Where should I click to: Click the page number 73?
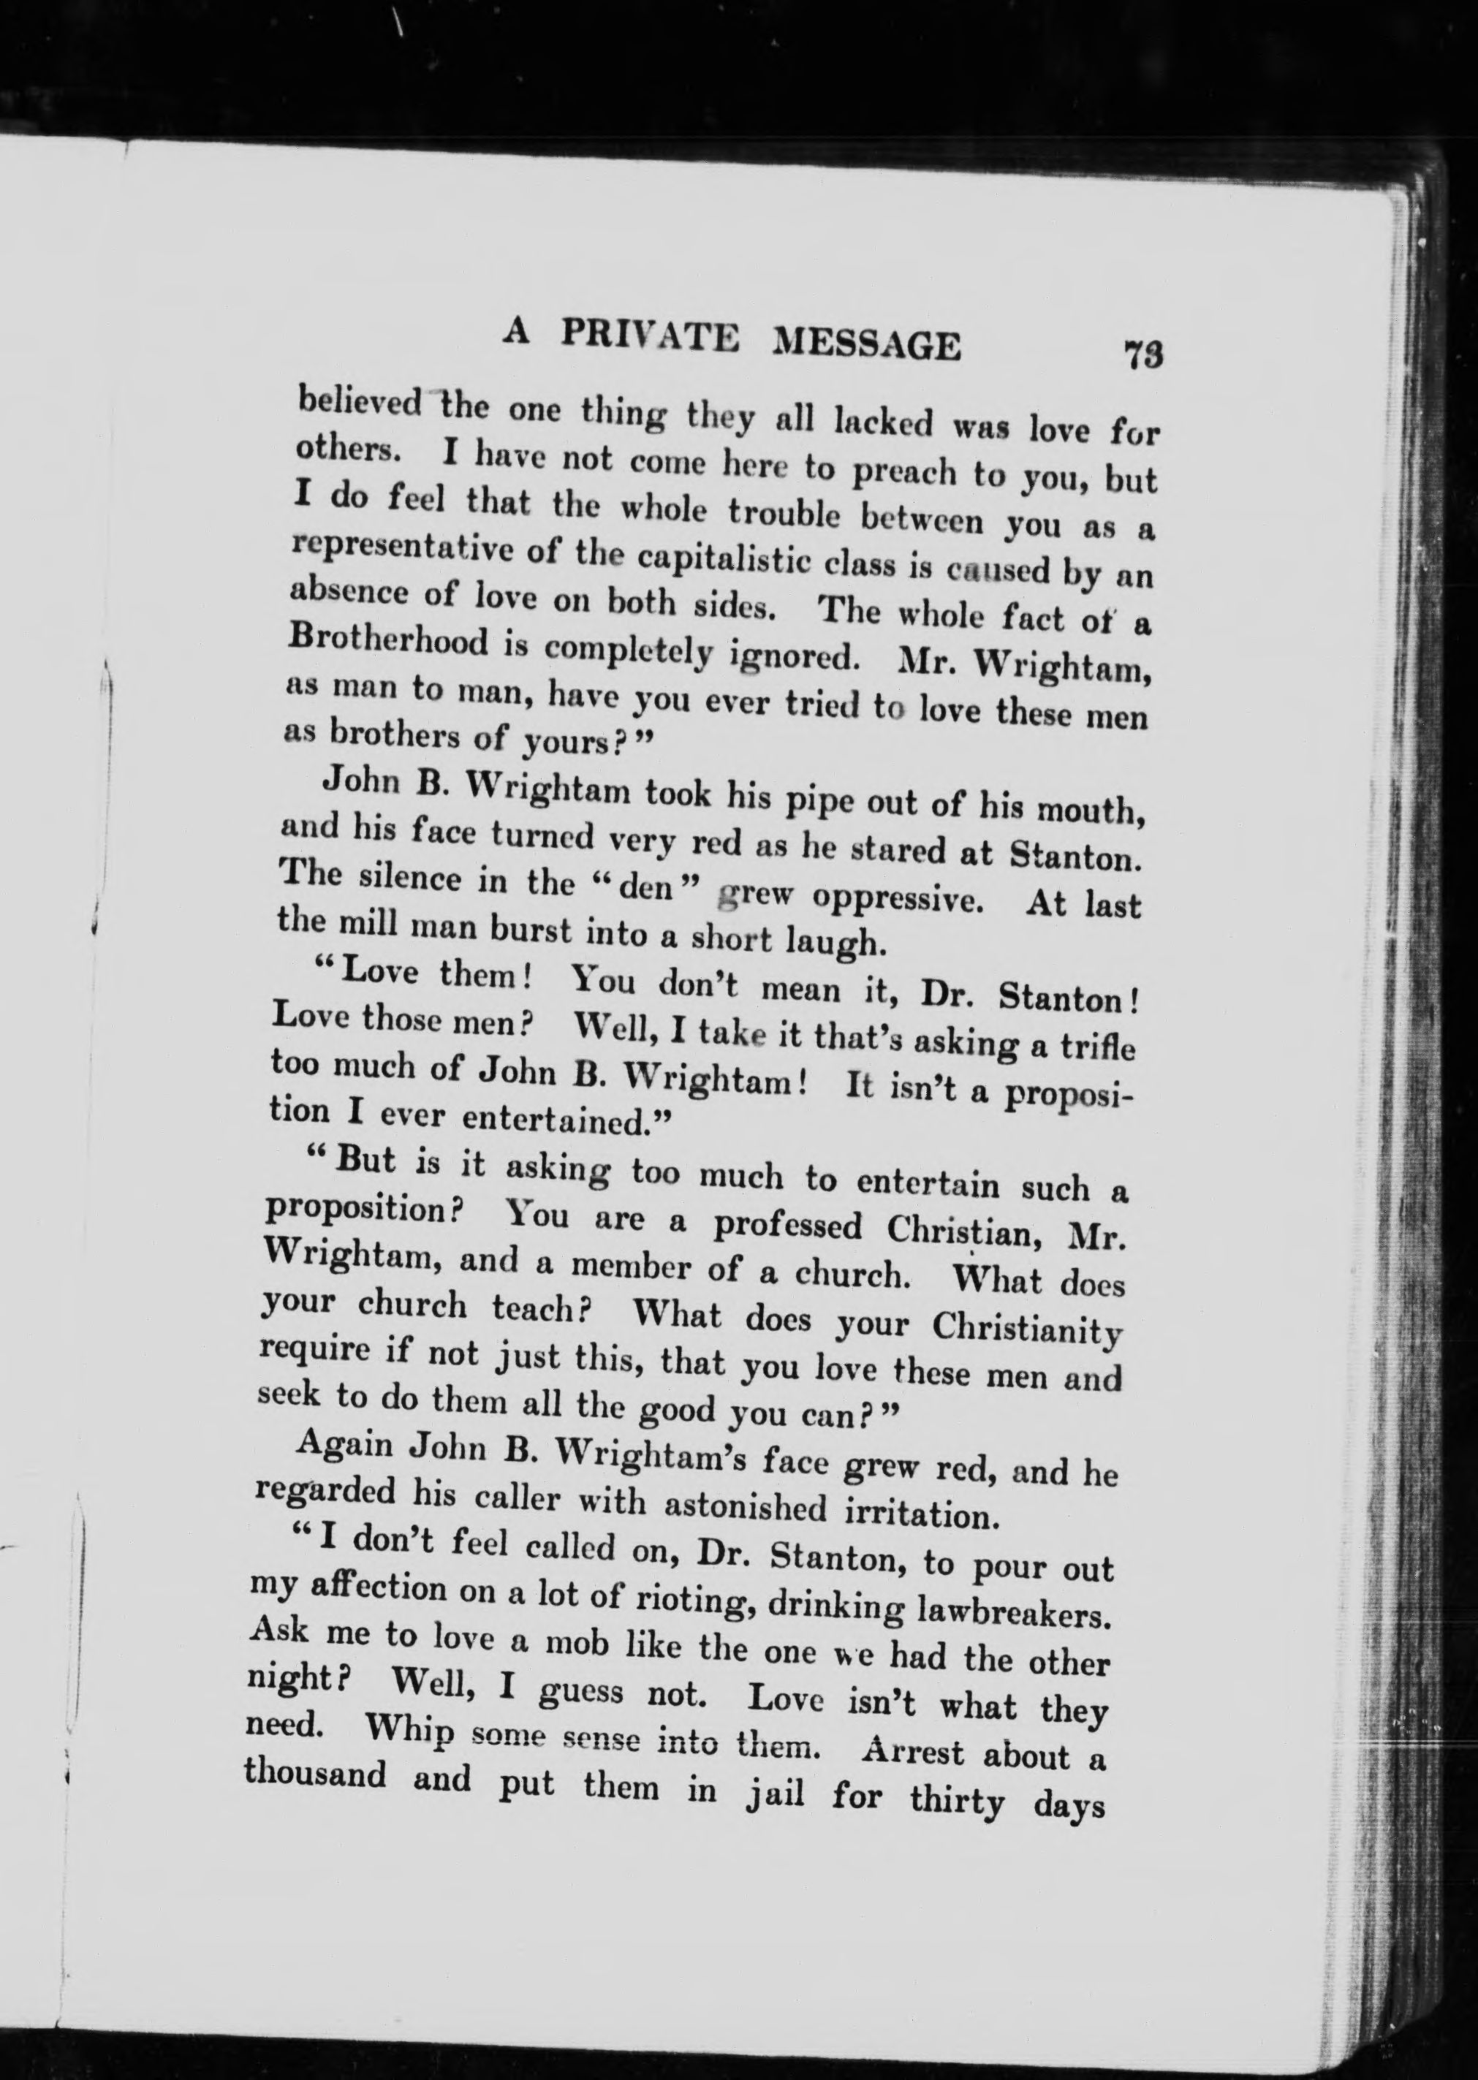pyautogui.click(x=1143, y=353)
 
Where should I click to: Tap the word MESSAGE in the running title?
pyautogui.click(x=865, y=345)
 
